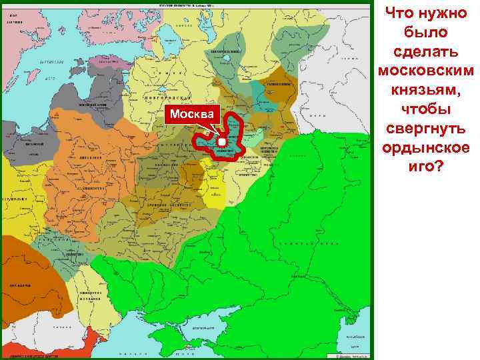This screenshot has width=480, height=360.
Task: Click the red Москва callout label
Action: point(193,115)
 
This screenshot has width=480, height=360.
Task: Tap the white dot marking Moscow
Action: point(222,142)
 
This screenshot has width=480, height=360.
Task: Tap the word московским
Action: point(425,70)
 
